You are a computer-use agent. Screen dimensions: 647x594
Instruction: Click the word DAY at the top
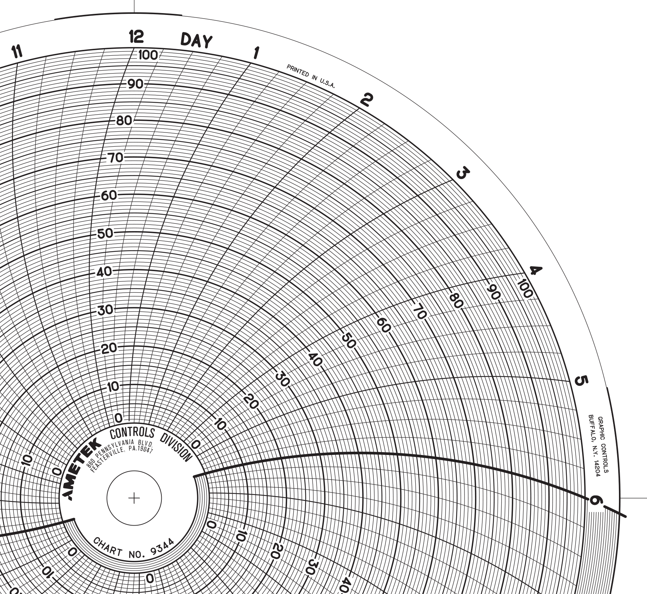[196, 40]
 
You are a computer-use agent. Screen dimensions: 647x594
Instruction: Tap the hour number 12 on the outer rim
[137, 37]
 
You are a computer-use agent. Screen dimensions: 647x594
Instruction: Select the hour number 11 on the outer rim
[17, 52]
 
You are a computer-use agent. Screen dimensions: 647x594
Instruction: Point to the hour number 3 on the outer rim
[462, 173]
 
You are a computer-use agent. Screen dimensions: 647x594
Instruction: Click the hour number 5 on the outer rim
[581, 381]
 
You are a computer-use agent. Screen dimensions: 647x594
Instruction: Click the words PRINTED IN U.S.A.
[310, 76]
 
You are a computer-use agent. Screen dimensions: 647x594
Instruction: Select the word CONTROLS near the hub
[133, 433]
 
